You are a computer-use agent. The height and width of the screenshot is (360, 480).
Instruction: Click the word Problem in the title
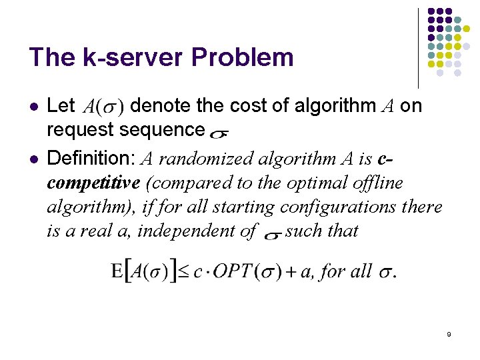[242, 57]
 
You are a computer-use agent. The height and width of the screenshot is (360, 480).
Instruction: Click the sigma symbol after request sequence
[217, 133]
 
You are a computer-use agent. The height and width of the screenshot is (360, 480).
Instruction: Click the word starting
[240, 207]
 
